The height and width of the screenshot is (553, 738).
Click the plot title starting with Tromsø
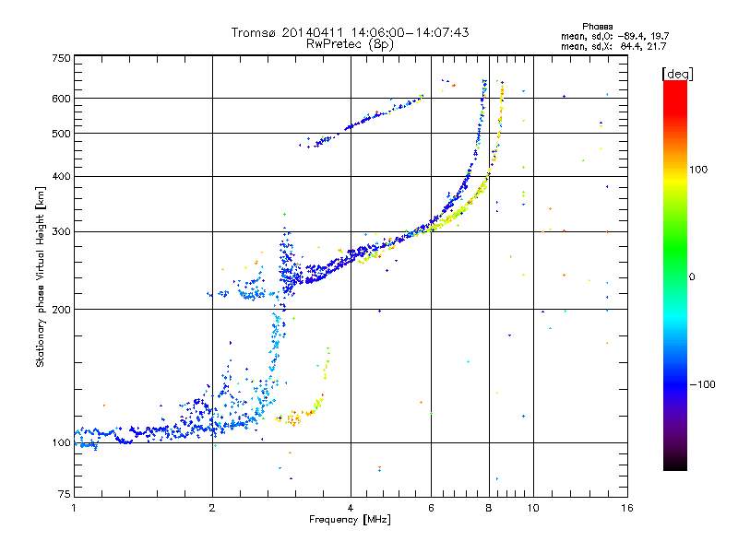pos(350,32)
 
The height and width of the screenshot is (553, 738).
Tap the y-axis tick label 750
pos(60,58)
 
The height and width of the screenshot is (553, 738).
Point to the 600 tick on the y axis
pos(60,99)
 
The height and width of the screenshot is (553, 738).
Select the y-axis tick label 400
pos(60,176)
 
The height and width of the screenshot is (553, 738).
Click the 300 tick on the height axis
pos(60,232)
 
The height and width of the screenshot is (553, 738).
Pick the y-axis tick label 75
pos(63,495)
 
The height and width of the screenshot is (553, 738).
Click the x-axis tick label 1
pos(74,507)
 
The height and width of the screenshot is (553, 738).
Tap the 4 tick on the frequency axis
pos(351,507)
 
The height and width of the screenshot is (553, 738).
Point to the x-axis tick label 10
pos(532,507)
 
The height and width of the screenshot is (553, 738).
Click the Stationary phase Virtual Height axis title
pos(41,276)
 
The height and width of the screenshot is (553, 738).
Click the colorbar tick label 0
pos(692,276)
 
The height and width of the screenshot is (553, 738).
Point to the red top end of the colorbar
pos(674,85)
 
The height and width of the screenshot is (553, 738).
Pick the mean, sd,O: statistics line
pos(613,36)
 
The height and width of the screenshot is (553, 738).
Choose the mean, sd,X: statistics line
pos(613,46)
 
